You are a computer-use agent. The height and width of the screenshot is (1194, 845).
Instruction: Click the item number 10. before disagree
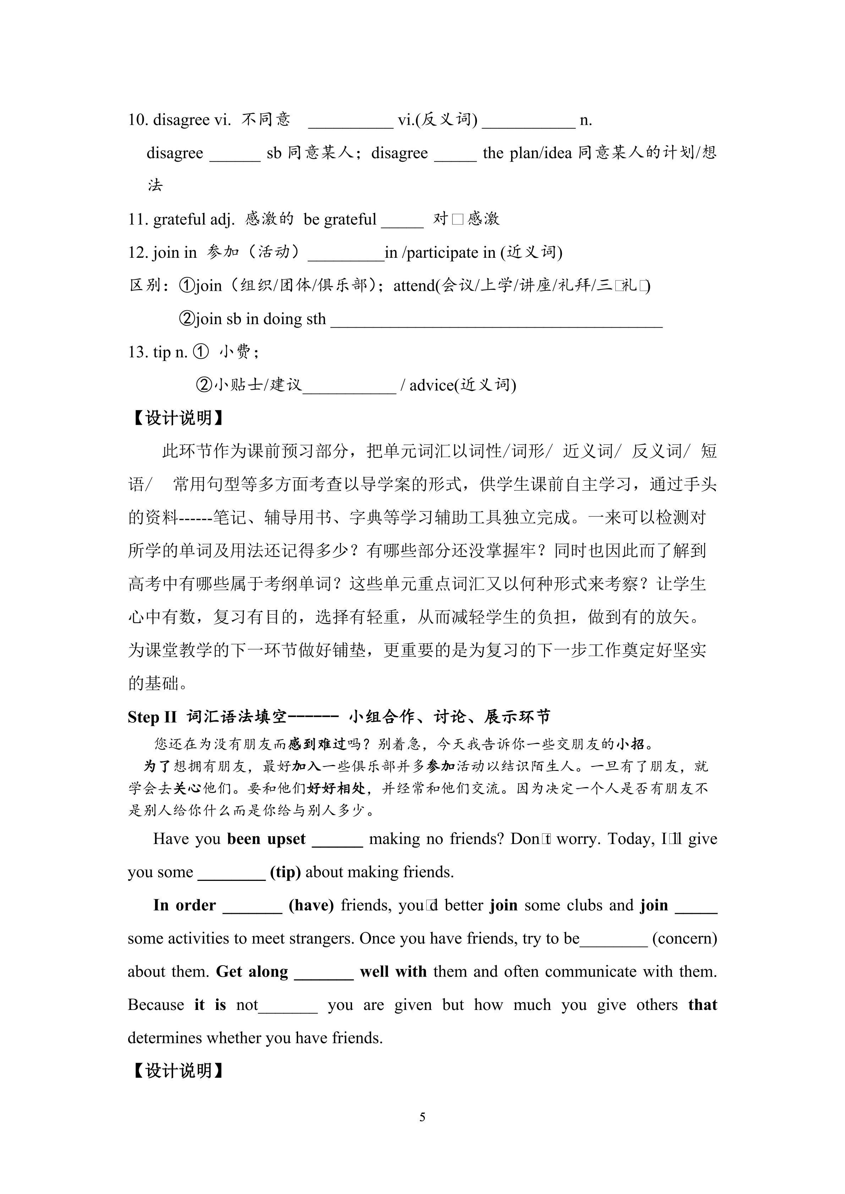pyautogui.click(x=138, y=120)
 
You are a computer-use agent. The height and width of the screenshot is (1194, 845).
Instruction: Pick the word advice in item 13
pyautogui.click(x=431, y=385)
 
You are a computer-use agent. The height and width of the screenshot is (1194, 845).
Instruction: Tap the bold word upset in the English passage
pyautogui.click(x=286, y=839)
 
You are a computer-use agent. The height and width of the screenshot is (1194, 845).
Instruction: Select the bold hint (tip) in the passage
pyautogui.click(x=285, y=872)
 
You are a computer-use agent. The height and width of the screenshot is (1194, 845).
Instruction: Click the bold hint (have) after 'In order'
pyautogui.click(x=311, y=905)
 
